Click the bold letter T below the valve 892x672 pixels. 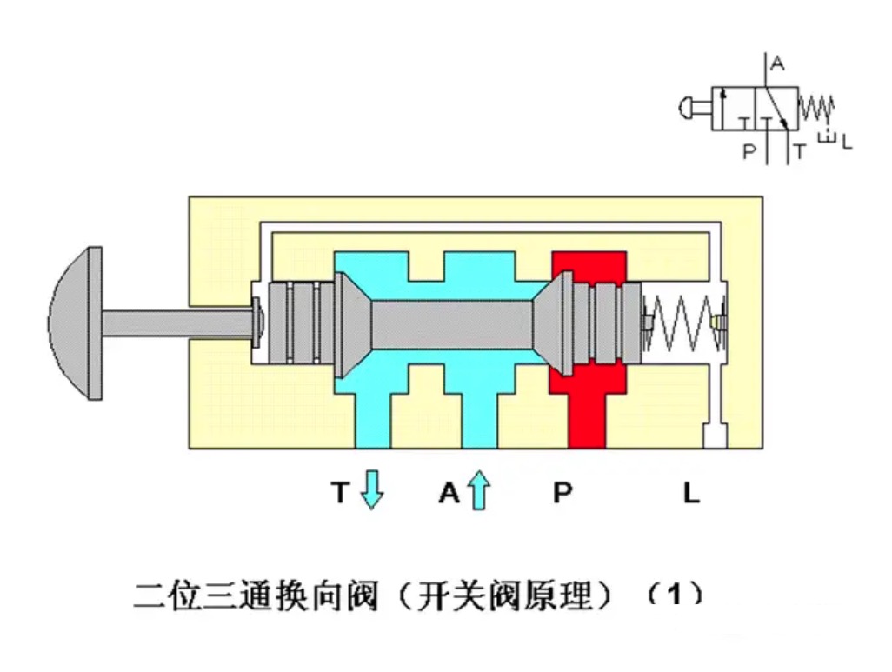tap(340, 494)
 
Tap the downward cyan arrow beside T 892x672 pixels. tap(372, 489)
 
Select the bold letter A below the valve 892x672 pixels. tap(448, 494)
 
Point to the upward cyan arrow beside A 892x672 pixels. tap(478, 489)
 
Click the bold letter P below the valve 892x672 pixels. tap(562, 494)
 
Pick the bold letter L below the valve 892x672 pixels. tap(690, 494)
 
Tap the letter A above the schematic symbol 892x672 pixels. tap(778, 63)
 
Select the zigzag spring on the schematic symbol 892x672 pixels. tap(816, 108)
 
